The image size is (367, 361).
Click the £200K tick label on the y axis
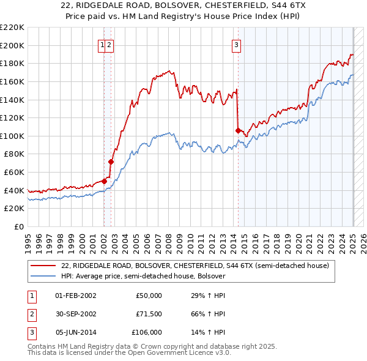click(x=13, y=45)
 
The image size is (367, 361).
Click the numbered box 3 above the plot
click(x=236, y=44)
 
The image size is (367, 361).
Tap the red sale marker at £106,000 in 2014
click(x=238, y=130)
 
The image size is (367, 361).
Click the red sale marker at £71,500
click(x=111, y=162)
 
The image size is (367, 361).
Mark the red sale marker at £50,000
click(x=105, y=181)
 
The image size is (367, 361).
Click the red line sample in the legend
click(x=44, y=266)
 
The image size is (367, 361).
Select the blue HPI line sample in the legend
click(x=44, y=276)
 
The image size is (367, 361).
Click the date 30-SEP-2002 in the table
click(x=75, y=314)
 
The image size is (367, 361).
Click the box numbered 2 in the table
click(x=31, y=314)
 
